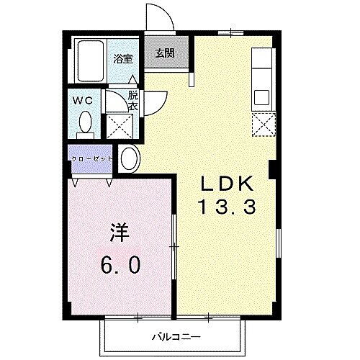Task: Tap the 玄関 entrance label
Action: point(165,53)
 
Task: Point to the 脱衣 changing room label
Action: point(133,99)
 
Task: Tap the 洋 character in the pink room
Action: point(120,233)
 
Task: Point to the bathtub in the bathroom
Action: point(92,61)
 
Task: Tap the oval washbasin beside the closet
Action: point(130,157)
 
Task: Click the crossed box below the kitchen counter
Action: point(263,125)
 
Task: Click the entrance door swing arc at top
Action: point(160,16)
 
